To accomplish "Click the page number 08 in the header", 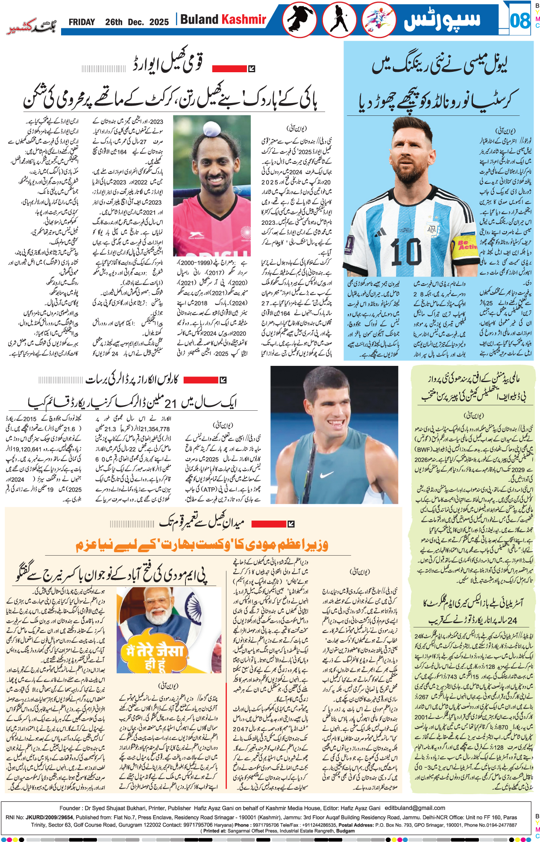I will click(x=519, y=21).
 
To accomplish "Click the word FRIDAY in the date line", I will click(x=82, y=22).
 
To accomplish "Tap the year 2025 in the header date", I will click(x=159, y=22).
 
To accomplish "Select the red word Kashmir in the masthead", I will click(x=244, y=20).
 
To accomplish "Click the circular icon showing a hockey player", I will click(x=339, y=20).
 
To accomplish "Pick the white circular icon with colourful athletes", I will click(x=379, y=20).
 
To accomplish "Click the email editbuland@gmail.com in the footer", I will click(x=414, y=808).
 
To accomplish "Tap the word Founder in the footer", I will click(x=70, y=808).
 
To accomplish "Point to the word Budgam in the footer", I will click(x=346, y=831).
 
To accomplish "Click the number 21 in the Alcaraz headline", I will click(x=170, y=403).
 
